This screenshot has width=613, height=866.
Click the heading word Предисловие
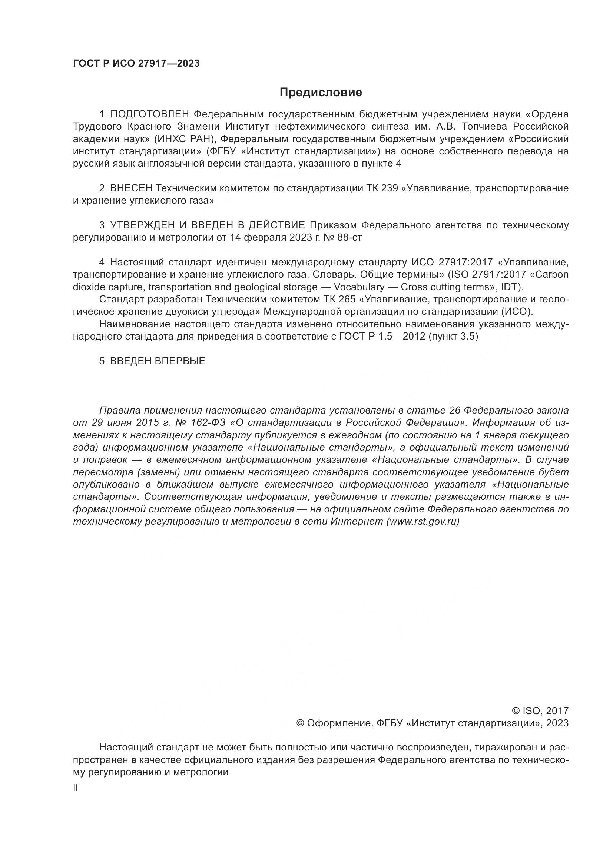[321, 93]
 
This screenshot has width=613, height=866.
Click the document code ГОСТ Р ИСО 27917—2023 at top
[136, 64]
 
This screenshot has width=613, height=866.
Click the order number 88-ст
[350, 238]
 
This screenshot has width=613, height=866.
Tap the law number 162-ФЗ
[208, 423]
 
